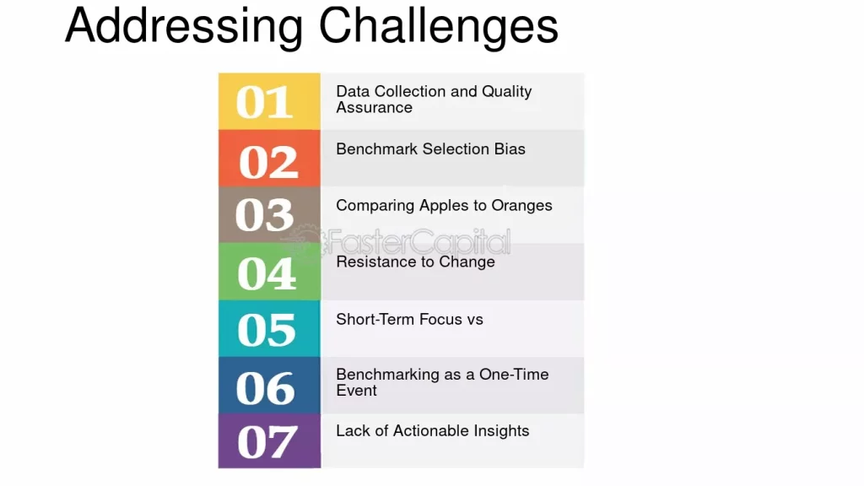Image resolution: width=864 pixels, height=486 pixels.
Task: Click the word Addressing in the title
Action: tap(184, 27)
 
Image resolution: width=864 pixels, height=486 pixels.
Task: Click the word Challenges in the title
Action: tap(439, 25)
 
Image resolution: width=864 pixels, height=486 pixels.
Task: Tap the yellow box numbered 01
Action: tap(269, 101)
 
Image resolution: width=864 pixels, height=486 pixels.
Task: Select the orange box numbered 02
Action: tap(269, 159)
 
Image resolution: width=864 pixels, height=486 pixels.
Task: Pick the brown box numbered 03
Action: tap(269, 215)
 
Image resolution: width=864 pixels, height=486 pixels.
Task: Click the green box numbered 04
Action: tap(269, 272)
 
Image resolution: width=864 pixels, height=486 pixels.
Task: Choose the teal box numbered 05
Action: tap(269, 328)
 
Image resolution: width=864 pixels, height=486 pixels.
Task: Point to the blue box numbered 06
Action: tap(269, 385)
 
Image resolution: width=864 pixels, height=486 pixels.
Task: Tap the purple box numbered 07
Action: tap(269, 440)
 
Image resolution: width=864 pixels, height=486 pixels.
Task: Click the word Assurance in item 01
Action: tap(374, 107)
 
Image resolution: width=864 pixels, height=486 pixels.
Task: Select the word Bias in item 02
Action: tap(509, 148)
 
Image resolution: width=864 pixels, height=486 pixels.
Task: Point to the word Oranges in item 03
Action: tap(521, 206)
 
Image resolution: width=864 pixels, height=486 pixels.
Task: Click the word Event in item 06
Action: tap(357, 391)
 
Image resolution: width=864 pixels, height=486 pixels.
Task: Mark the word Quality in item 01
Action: tap(507, 91)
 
